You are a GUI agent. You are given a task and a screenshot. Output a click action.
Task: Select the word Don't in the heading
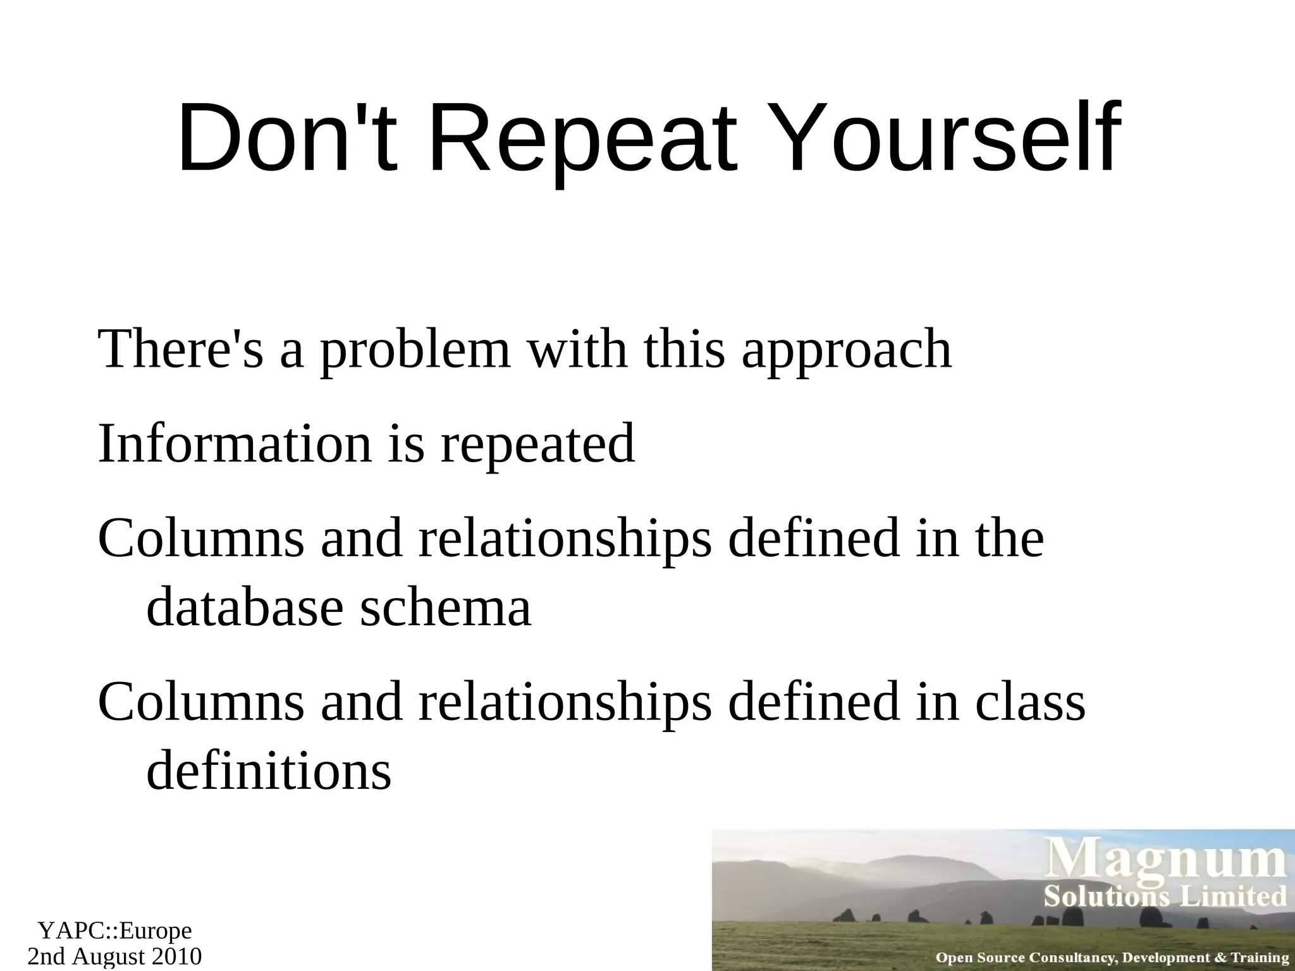pos(288,139)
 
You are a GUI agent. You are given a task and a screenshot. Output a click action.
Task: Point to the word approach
pos(847,351)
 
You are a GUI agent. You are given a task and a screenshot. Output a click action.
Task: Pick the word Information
pos(235,444)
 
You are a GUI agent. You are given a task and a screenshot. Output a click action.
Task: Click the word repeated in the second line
pos(537,444)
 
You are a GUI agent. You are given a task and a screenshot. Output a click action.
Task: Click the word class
pos(1030,703)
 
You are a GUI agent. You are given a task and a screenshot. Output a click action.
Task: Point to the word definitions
pos(269,771)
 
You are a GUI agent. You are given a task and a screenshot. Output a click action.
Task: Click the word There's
pos(181,351)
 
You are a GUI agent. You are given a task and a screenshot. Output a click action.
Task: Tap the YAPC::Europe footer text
pos(114,931)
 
